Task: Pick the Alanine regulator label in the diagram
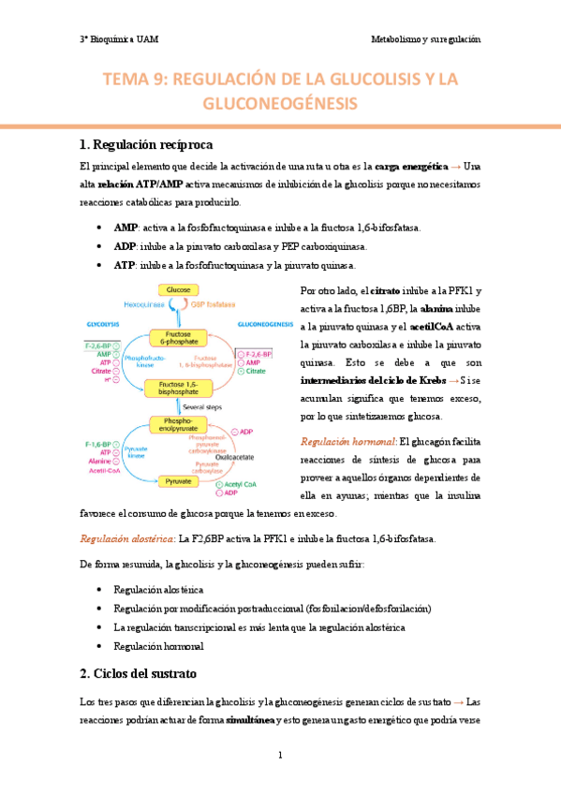[100, 462]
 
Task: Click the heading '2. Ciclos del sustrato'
[144, 674]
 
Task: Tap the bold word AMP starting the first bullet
[125, 228]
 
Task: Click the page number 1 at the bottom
[280, 755]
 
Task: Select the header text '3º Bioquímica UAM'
[119, 40]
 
